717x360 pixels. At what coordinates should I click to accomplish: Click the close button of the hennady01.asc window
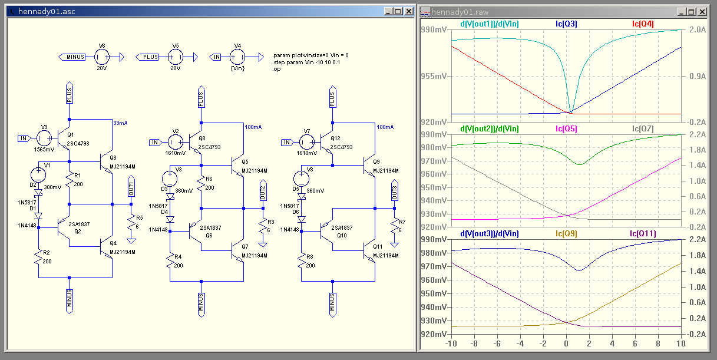tap(409, 12)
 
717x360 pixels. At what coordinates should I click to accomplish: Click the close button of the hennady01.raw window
tap(702, 12)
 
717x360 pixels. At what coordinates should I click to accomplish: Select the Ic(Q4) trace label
tap(643, 24)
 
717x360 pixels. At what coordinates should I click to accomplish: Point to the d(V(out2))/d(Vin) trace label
tap(490, 128)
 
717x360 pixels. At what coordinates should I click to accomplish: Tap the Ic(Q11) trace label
tap(643, 233)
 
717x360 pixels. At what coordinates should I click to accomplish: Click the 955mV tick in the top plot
tap(434, 76)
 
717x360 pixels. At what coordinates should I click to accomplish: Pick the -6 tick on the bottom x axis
tap(497, 344)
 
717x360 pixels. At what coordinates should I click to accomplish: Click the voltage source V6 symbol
tap(102, 57)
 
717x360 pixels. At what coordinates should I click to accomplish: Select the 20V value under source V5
tap(175, 68)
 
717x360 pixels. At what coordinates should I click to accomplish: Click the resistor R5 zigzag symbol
tap(131, 222)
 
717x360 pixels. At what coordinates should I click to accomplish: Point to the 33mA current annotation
tap(120, 123)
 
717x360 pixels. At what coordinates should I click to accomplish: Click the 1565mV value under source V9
tap(44, 150)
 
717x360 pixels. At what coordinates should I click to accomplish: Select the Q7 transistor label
tap(245, 247)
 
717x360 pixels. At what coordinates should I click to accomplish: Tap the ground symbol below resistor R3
tap(263, 245)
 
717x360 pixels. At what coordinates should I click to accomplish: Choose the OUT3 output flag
tap(394, 191)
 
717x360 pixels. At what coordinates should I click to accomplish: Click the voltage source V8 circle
tap(301, 179)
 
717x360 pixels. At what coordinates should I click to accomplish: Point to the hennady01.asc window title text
tap(47, 12)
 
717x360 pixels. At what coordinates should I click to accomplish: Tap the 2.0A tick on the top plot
tap(698, 29)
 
